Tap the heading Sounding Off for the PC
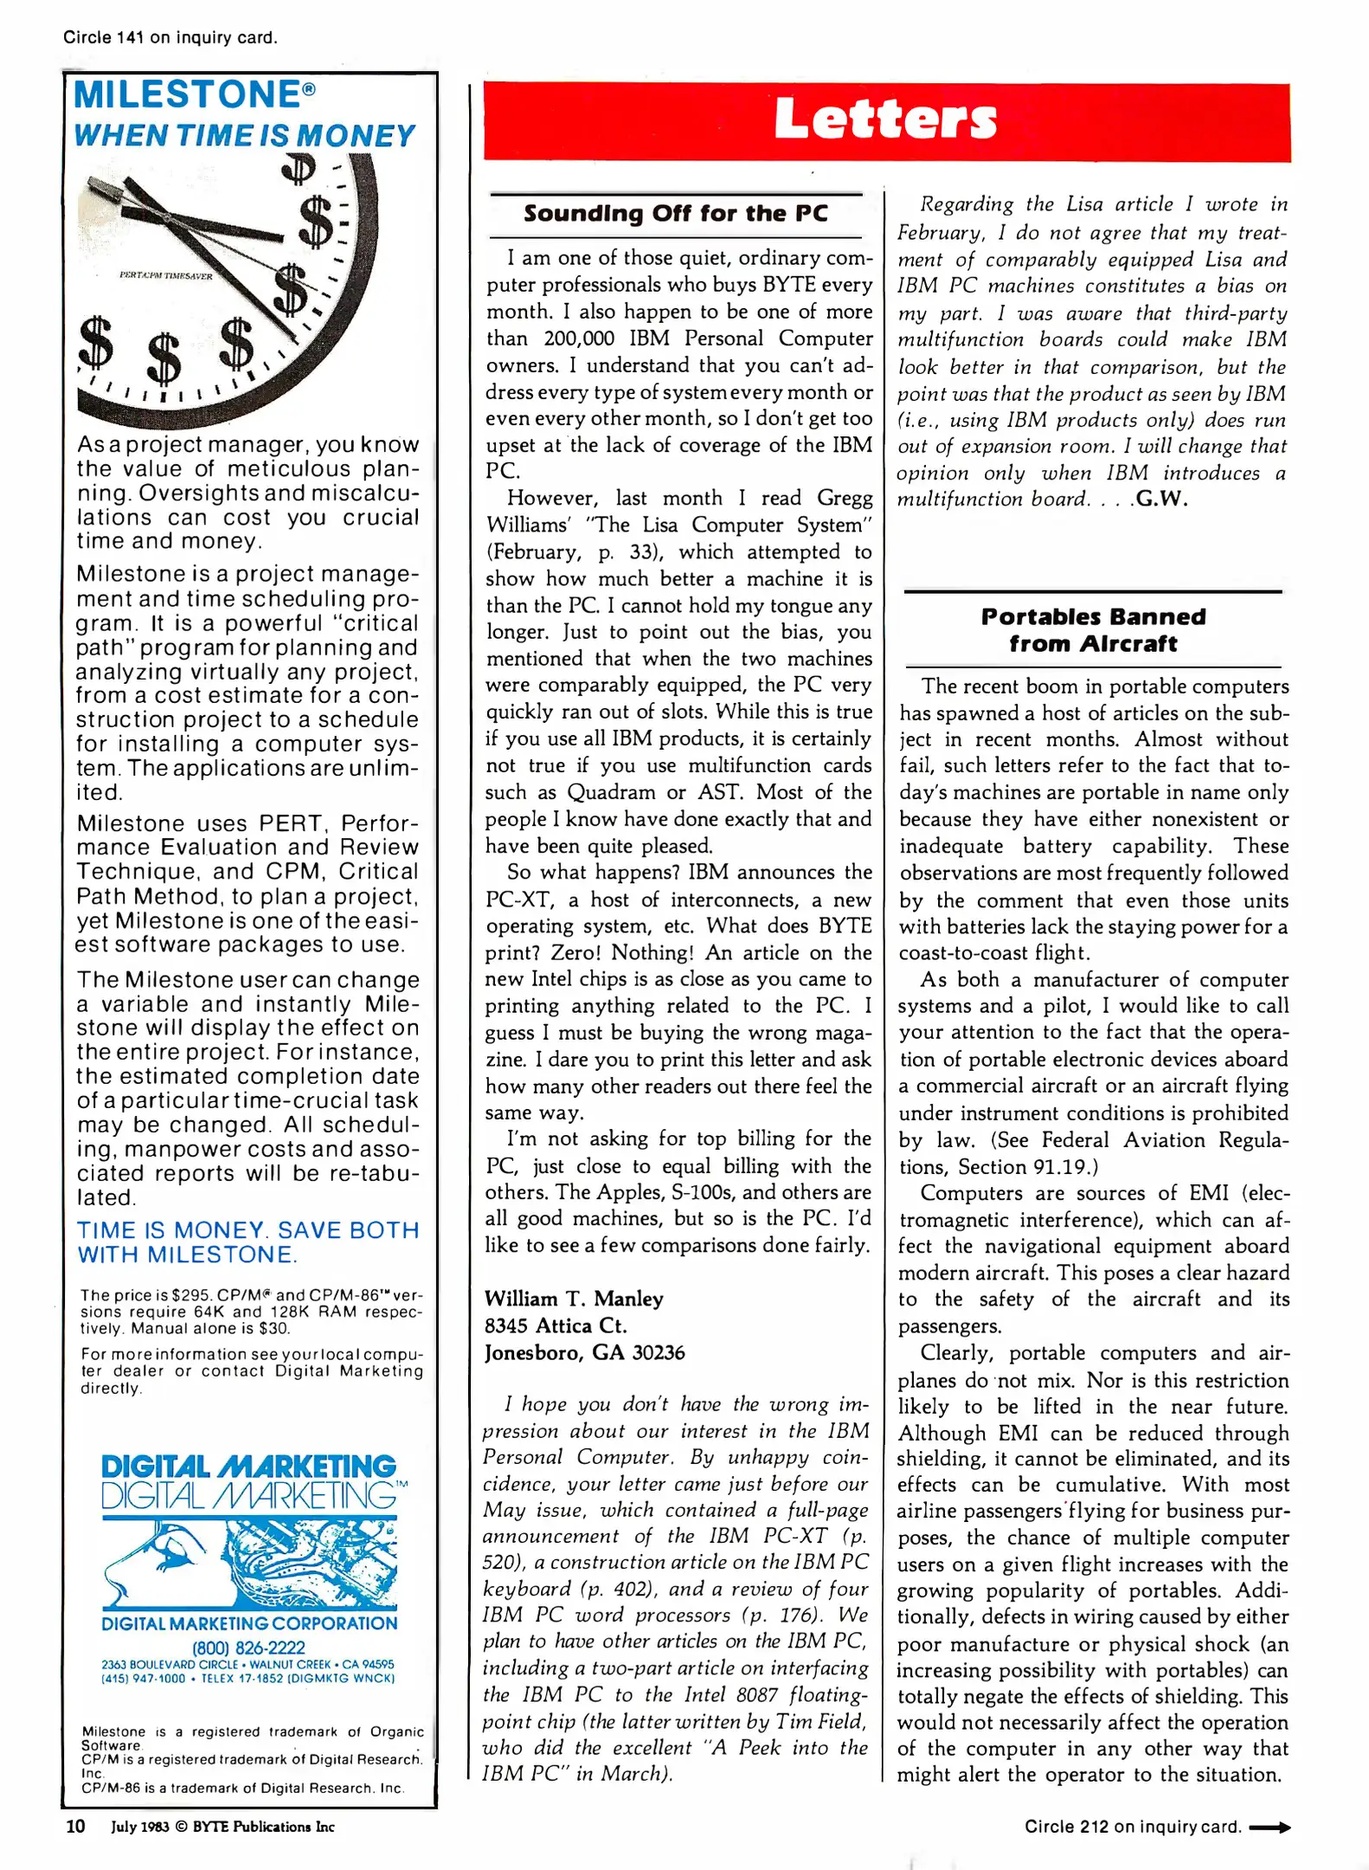click(676, 214)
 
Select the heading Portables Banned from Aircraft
click(1093, 630)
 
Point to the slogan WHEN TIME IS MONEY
click(244, 136)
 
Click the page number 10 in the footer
click(76, 1826)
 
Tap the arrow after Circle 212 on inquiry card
click(1269, 1827)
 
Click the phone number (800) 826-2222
click(248, 1647)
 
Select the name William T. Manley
click(574, 1299)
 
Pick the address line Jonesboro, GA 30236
click(584, 1352)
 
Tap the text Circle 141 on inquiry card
click(170, 38)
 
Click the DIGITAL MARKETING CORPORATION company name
click(249, 1623)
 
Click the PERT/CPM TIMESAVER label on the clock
click(165, 276)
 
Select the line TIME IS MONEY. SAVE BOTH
click(247, 1230)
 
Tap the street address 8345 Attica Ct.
click(556, 1325)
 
